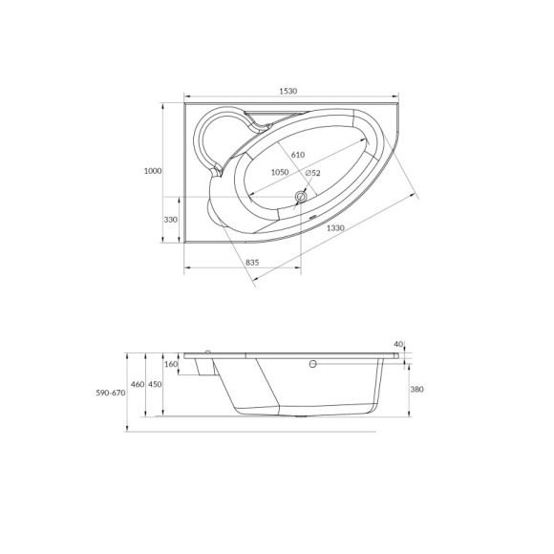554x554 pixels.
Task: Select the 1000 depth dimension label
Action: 152,171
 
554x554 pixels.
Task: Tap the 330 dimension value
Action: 171,220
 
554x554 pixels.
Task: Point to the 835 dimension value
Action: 253,262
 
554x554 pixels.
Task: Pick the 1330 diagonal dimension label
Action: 334,228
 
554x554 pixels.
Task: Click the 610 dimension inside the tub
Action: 297,155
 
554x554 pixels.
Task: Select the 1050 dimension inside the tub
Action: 279,172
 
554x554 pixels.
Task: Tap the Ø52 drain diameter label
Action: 312,173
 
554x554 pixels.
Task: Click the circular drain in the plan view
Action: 301,198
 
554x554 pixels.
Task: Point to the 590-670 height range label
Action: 110,393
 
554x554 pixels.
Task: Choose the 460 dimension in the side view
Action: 138,384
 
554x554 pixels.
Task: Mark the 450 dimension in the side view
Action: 155,384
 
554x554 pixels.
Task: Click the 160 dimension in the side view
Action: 171,364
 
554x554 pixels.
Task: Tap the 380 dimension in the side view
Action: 416,389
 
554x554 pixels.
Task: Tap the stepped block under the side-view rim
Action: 202,368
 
